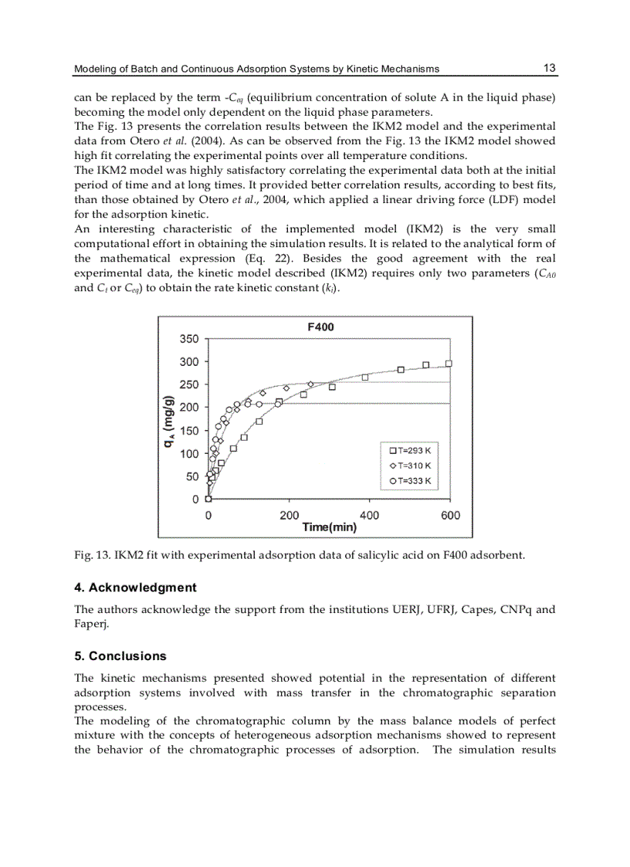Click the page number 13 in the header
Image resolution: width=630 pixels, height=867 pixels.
549,68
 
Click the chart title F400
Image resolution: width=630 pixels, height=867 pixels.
320,327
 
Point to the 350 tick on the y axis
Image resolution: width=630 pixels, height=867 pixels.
189,339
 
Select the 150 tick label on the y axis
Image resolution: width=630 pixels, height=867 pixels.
189,431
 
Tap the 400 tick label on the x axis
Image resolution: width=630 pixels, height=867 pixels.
369,515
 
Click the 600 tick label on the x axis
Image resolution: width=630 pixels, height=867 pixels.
450,515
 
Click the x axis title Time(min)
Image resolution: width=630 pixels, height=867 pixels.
330,527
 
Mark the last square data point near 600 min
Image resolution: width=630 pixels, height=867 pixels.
449,364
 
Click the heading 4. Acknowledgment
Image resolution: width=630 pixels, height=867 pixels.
135,588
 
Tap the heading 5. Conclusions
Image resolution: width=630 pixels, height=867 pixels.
120,656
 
